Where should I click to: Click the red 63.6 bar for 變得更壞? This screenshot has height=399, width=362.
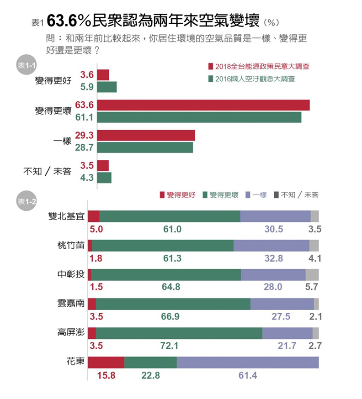(203, 105)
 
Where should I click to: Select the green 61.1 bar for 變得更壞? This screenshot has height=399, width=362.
(199, 117)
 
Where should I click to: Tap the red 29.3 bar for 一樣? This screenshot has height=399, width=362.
(146, 136)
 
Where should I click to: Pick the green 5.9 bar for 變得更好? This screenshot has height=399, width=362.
(107, 87)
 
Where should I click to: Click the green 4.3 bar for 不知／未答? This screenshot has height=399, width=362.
(104, 178)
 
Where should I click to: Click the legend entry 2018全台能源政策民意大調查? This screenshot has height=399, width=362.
(258, 67)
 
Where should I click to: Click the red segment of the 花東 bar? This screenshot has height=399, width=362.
(106, 362)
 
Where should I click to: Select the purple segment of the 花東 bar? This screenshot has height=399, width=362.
(248, 362)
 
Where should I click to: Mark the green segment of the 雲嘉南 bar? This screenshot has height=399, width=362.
(173, 304)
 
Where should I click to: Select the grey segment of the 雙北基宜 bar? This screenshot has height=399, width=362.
(314, 216)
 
